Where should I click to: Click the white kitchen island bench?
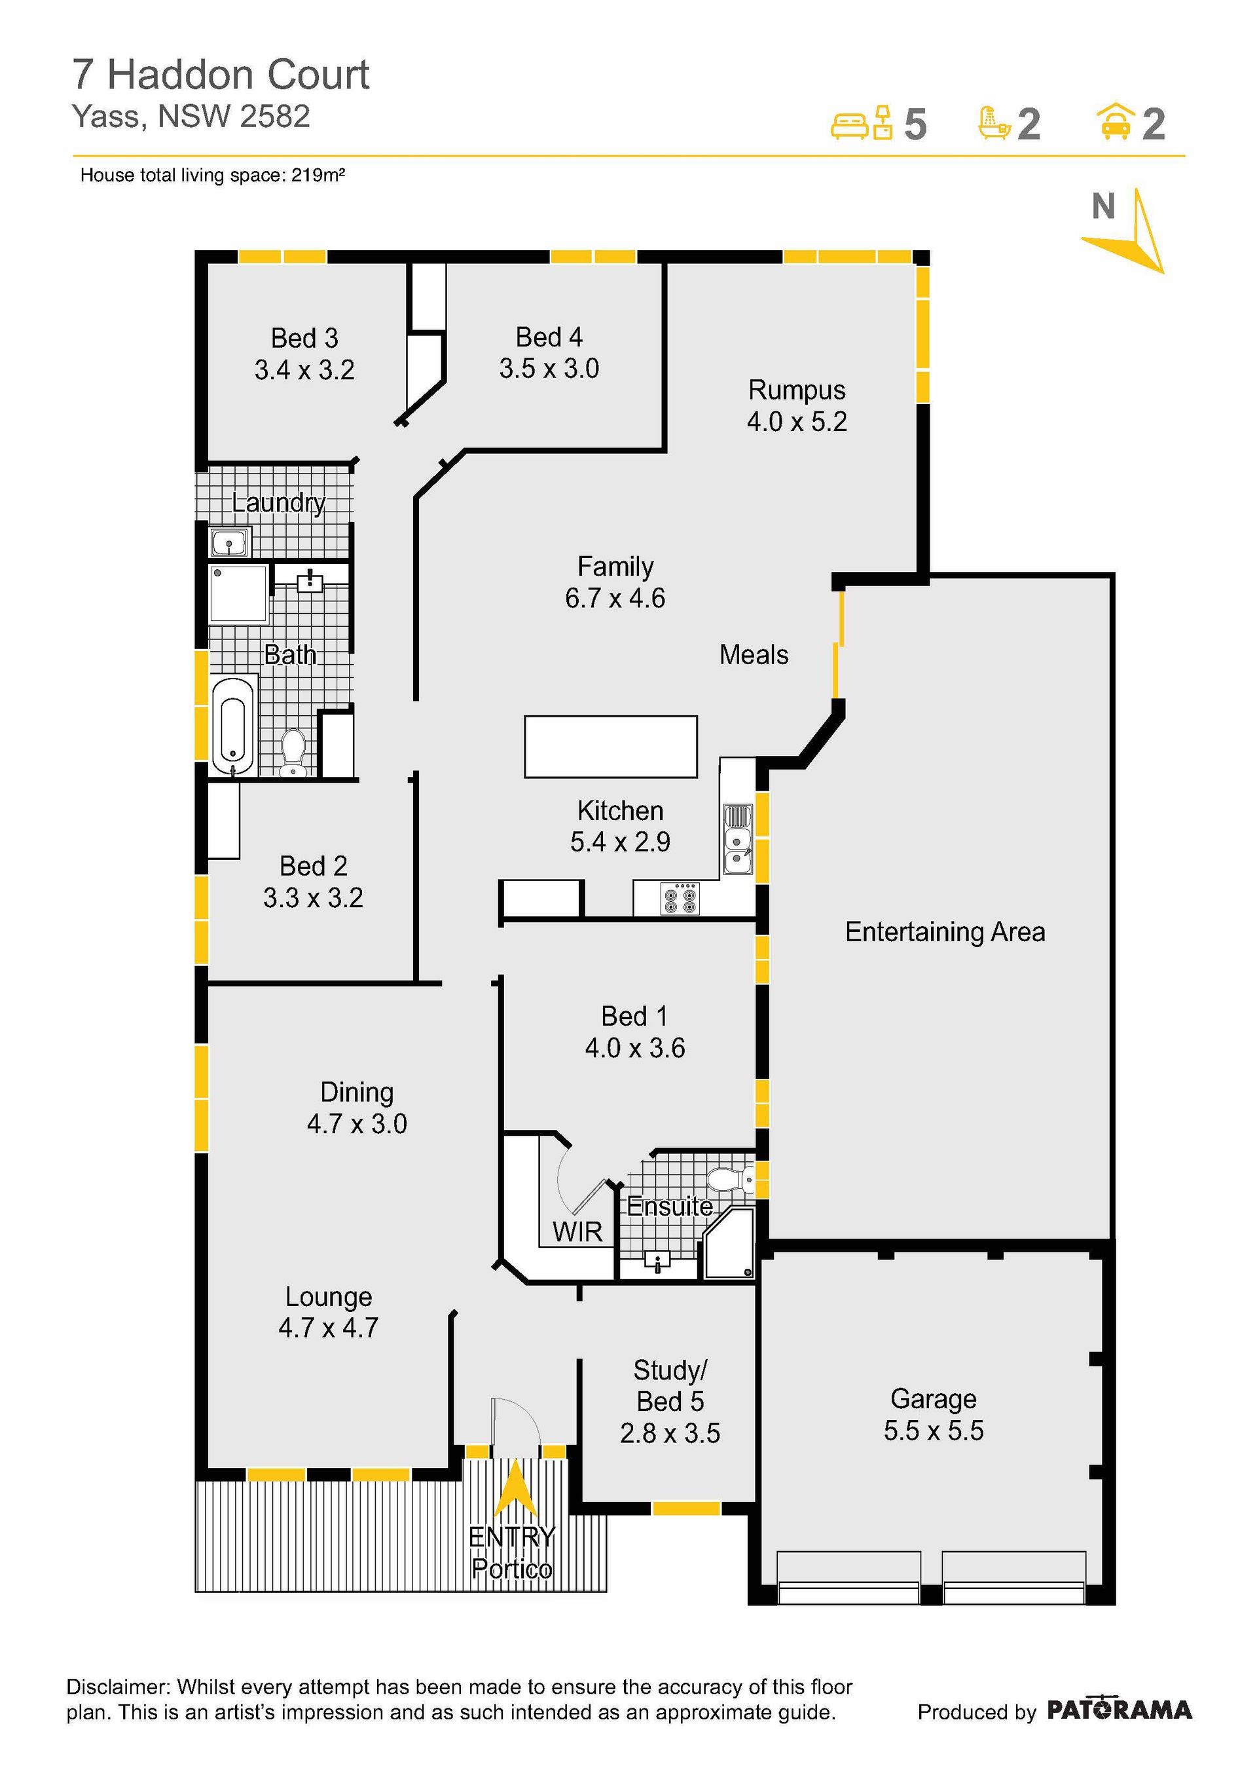[x=610, y=746]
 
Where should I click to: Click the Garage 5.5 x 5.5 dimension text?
[x=934, y=1431]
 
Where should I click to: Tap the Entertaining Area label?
[x=945, y=931]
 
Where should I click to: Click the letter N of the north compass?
[x=1103, y=206]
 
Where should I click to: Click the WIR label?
[x=577, y=1231]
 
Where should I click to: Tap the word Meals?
[x=754, y=655]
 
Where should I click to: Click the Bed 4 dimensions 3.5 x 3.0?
[x=549, y=368]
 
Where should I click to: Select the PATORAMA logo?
[x=1119, y=1710]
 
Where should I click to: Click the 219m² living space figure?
[x=318, y=175]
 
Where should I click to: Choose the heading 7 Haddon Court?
[x=221, y=75]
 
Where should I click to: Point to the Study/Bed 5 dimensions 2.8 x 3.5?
[x=670, y=1433]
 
